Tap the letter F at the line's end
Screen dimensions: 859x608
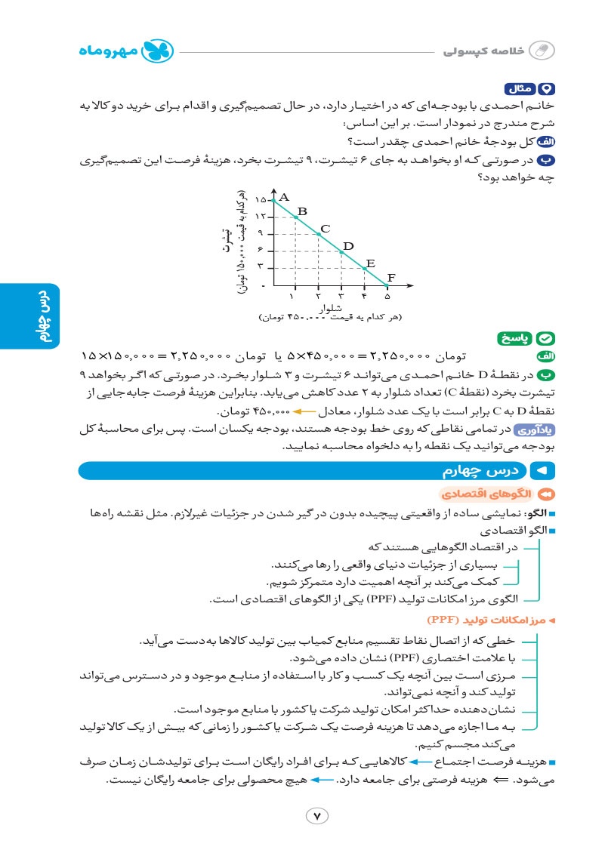[391, 277]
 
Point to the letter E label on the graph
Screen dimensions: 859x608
[370, 263]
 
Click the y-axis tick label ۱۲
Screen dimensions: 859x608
[261, 217]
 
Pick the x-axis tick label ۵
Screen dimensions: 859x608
[387, 297]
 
